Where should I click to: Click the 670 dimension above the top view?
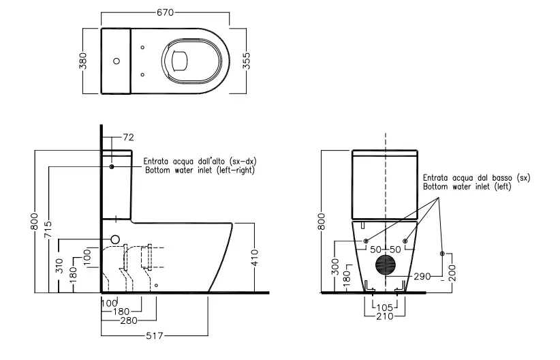point(166,12)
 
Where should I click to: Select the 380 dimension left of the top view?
point(82,61)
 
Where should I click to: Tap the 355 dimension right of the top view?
point(247,61)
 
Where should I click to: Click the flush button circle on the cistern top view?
point(116,61)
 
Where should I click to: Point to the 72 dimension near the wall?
point(128,137)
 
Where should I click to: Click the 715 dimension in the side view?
point(48,230)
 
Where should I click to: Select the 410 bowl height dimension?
point(254,258)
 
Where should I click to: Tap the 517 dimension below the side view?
point(155,335)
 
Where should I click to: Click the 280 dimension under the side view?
point(129,320)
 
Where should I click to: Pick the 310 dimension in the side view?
point(60,266)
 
